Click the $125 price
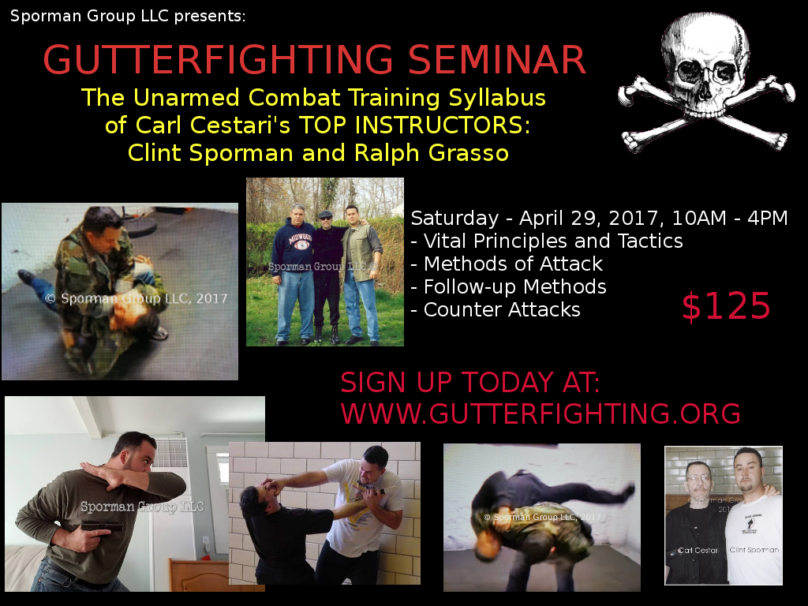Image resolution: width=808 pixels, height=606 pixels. point(726,307)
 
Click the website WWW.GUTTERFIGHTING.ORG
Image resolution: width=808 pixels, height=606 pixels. point(541,413)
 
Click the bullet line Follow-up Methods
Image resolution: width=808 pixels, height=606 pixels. point(514,286)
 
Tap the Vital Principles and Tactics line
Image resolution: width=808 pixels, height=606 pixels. point(552,241)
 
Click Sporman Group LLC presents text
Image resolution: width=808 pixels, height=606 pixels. point(128,15)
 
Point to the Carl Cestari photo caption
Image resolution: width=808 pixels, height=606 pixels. point(697,551)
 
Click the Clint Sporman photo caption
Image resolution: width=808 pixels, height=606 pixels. point(754,550)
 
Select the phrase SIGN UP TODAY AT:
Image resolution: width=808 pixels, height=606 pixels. point(470,383)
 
